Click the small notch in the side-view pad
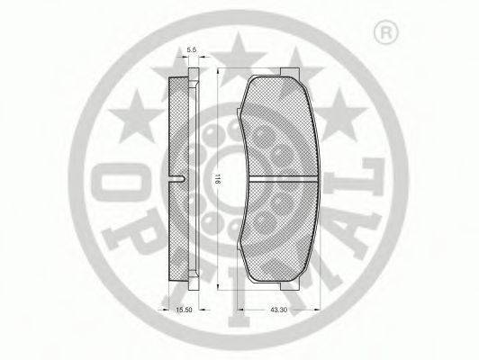click(x=183, y=178)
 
